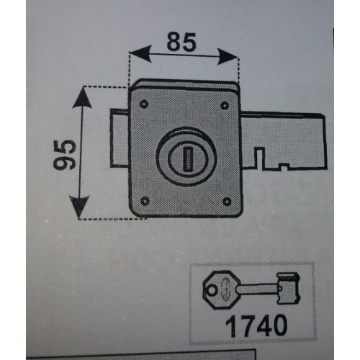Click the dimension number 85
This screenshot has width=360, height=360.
pos(181,42)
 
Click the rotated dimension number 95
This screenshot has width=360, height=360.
pos(64,155)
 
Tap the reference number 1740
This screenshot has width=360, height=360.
pos(256,325)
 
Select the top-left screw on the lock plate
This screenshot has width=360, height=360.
pos(144,104)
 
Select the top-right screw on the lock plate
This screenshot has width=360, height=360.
pos(225,105)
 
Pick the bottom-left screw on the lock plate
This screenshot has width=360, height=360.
pos(145,201)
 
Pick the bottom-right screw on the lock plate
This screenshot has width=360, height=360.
pos(227,202)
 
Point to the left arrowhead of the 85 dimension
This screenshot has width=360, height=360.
pos(141,53)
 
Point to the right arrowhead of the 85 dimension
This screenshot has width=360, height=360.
pos(227,57)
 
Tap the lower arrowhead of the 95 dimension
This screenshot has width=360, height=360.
pos(79,207)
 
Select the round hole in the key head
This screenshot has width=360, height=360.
pos(212,291)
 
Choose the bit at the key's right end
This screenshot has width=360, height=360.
pos(289,288)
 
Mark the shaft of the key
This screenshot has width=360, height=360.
pos(258,289)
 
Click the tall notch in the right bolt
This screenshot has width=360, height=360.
pos(260,156)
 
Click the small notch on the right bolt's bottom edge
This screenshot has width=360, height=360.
pos(284,166)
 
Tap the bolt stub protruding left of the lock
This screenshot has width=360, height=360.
pos(120,138)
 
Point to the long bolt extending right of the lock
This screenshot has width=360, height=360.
pos(284,141)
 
